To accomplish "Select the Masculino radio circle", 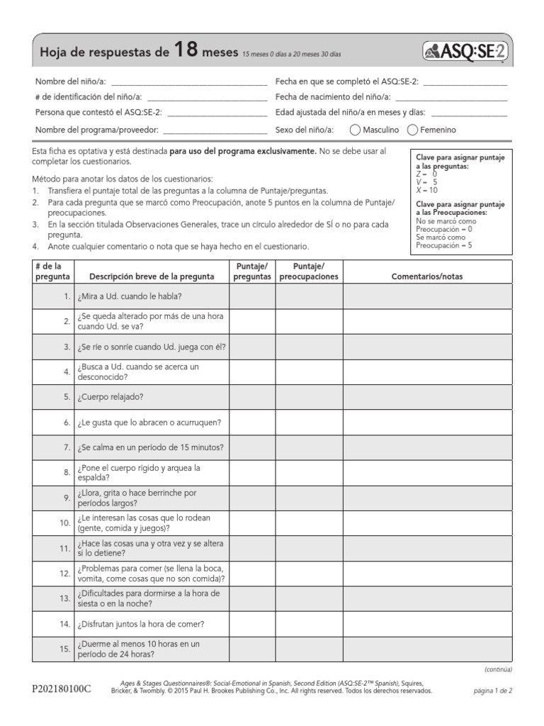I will click(355, 130).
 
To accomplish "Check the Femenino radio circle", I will click(412, 130).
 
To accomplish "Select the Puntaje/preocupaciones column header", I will click(308, 272).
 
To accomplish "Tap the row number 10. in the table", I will click(64, 523).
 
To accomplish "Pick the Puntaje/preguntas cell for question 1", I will click(252, 296).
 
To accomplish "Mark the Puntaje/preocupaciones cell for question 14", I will click(308, 625).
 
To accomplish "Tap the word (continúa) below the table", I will click(498, 669).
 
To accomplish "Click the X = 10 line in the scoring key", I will click(427, 190).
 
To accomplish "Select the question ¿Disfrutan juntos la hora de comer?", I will click(142, 625).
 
